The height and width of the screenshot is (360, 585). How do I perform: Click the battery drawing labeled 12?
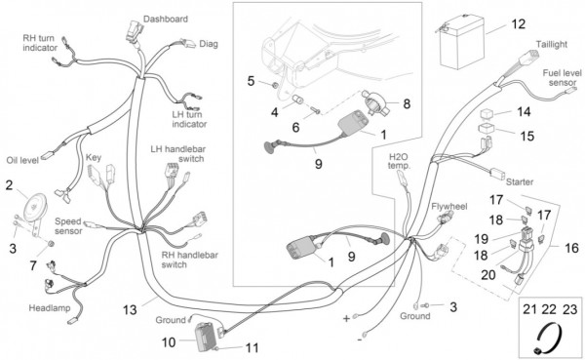(x=461, y=42)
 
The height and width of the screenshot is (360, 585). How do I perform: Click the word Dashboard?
(x=166, y=19)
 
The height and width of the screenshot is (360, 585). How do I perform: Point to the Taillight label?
(x=552, y=44)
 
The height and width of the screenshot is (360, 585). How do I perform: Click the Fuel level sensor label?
(x=562, y=78)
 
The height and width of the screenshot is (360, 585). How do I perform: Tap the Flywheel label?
(x=449, y=206)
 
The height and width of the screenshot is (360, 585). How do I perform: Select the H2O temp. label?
(x=399, y=161)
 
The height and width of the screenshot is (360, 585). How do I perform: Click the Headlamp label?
(x=50, y=308)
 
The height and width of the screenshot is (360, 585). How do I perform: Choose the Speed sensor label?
(x=68, y=226)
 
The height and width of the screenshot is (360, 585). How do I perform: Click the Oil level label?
(x=22, y=161)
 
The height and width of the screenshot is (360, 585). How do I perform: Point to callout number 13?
(x=130, y=309)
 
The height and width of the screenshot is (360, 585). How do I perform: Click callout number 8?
(x=407, y=103)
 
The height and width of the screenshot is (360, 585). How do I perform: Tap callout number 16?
(x=571, y=248)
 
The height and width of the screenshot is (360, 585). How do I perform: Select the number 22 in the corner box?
(x=549, y=309)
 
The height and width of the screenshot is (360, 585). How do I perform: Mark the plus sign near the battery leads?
(x=346, y=318)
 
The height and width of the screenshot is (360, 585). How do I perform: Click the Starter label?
(x=520, y=181)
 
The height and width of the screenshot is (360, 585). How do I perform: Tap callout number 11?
(x=253, y=347)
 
